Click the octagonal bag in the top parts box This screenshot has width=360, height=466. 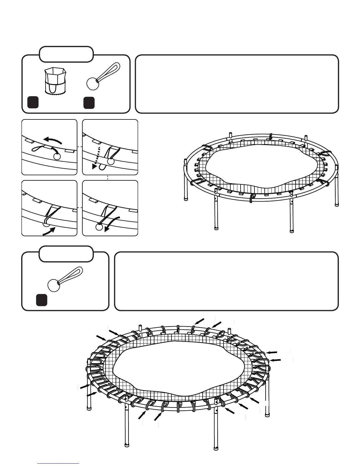[x=54, y=80]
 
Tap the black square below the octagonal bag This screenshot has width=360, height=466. [x=33, y=102]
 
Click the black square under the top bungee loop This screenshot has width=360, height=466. [x=89, y=102]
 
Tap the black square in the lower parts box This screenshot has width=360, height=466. [x=42, y=300]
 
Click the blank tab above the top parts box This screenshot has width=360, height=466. [x=66, y=54]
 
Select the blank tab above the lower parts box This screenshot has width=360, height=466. [x=66, y=254]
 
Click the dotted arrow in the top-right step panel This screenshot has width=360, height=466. [x=96, y=157]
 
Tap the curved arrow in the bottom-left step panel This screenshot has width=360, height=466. [x=49, y=232]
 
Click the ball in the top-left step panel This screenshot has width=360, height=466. [x=57, y=156]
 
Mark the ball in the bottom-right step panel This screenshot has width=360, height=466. [x=99, y=227]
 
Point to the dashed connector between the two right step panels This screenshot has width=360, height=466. [x=108, y=178]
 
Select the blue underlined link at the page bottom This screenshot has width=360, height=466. [x=58, y=463]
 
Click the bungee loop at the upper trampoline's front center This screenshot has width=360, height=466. [x=251, y=198]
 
